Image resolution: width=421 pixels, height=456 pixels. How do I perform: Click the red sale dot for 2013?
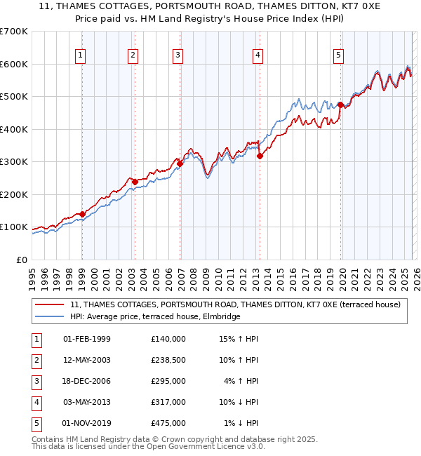[259, 156]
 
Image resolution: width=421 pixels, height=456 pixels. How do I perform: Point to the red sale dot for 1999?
[82, 214]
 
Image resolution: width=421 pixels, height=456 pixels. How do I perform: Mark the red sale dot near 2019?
[340, 105]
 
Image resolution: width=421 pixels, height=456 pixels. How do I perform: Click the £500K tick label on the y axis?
[14, 96]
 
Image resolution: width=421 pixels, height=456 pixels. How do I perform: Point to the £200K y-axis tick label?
[14, 194]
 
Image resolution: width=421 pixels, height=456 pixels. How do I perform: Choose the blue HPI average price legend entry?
[155, 317]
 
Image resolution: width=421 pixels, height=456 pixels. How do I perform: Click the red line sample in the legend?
[50, 304]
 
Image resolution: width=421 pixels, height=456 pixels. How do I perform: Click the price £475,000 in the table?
[168, 423]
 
